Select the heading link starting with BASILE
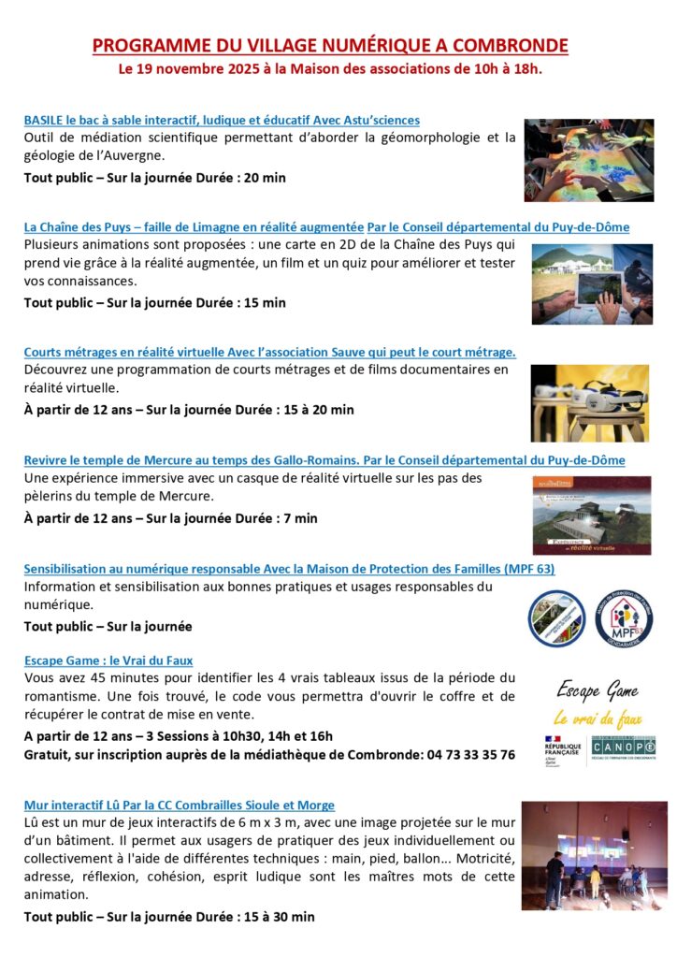coord(221,120)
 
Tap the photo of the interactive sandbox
coord(588,160)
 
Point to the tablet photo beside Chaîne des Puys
coord(592,283)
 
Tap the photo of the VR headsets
coord(589,402)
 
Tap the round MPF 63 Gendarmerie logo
coord(624,617)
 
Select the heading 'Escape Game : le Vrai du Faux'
coord(108,660)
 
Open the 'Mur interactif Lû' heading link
coord(179,805)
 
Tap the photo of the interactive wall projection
coord(595,857)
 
